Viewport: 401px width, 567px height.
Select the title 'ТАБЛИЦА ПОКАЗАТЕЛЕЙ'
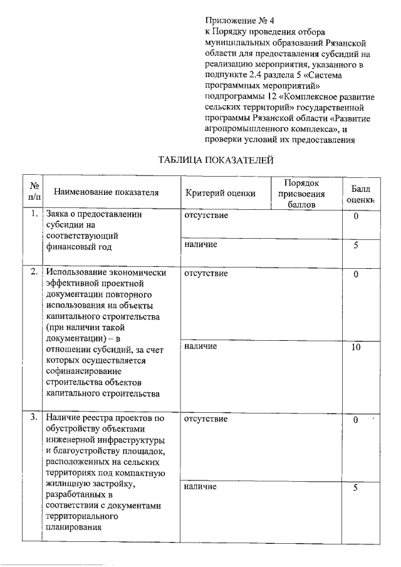pos(217,161)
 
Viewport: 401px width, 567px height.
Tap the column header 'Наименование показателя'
pos(106,192)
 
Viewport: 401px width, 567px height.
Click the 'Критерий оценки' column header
pos(221,192)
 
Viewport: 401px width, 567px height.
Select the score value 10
pos(355,346)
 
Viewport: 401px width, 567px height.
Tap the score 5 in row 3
pos(355,487)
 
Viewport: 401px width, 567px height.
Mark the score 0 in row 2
pos(355,274)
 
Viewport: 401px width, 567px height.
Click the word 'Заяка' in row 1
pos(60,214)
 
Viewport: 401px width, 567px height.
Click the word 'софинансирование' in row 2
pos(82,372)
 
